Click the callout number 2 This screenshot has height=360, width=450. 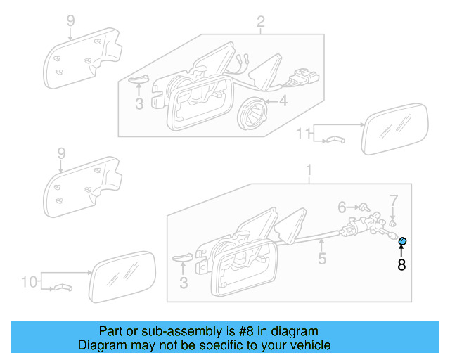click(260, 22)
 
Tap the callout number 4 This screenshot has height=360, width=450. click(283, 101)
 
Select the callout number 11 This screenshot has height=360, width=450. click(302, 133)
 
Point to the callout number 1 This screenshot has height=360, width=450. click(307, 169)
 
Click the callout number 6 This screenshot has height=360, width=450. click(342, 207)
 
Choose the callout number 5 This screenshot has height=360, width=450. click(321, 259)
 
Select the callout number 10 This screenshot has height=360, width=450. click(28, 282)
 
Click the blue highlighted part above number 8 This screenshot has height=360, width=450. click(403, 242)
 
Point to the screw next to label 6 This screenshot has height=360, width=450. click(364, 208)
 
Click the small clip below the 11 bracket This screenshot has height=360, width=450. click(335, 140)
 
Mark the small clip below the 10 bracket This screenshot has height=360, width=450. click(63, 288)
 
